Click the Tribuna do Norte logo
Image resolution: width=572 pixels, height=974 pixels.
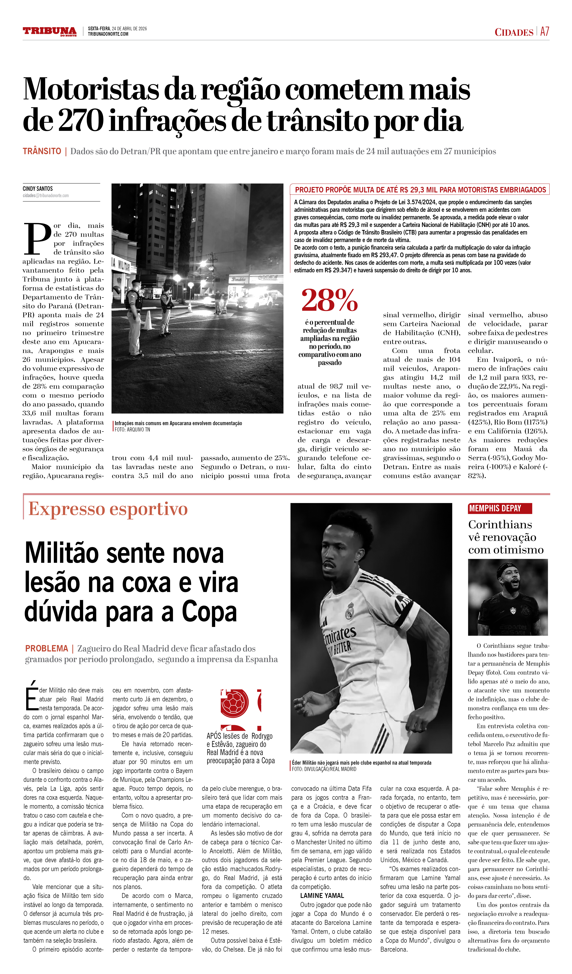[49, 31]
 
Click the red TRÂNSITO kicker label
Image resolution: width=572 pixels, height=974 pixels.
[42, 151]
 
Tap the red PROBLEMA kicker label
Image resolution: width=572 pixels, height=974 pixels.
[46, 649]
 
